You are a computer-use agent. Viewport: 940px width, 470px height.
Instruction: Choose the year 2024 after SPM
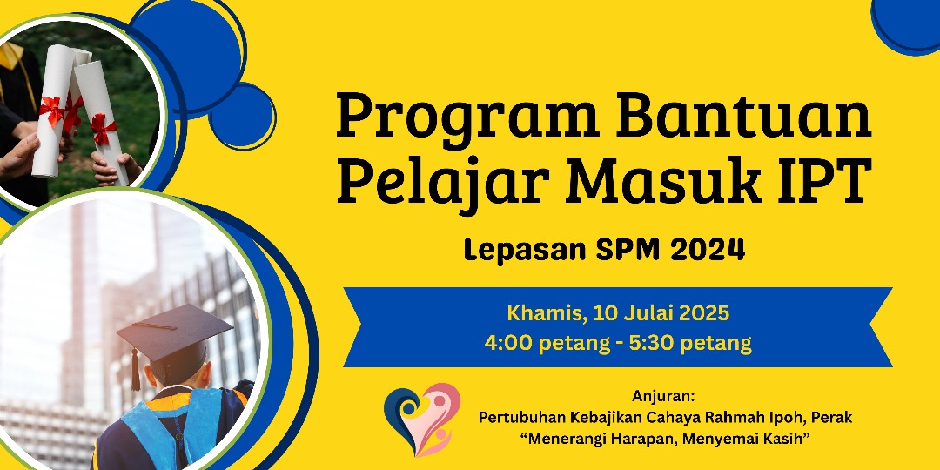point(708,250)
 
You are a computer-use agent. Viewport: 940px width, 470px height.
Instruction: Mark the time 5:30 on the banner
point(652,344)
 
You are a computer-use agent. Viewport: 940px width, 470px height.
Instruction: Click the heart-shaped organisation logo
point(422,419)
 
